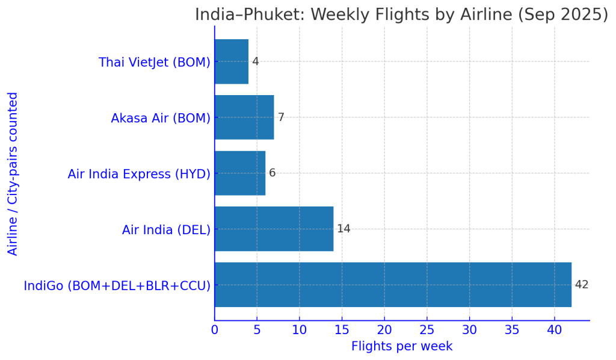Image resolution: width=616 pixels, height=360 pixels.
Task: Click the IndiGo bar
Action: tap(393, 285)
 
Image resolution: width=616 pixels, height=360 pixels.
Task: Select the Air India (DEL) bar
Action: tap(274, 229)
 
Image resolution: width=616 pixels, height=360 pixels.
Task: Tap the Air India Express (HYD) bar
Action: tap(240, 173)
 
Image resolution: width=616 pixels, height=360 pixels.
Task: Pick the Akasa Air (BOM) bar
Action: tap(244, 117)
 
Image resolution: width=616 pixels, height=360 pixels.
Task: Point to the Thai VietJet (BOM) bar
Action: tap(232, 61)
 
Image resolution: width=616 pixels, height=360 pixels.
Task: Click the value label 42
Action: tap(582, 285)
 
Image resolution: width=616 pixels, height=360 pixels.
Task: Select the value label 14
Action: tap(343, 229)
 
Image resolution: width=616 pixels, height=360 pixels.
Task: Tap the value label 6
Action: tap(272, 173)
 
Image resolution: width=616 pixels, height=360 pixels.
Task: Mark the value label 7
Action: tap(280, 117)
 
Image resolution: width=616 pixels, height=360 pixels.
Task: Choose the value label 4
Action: tap(255, 61)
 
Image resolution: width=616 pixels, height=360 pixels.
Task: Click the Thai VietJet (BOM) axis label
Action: tap(155, 62)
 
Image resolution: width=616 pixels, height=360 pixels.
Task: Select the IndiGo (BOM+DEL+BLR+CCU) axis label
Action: tap(117, 285)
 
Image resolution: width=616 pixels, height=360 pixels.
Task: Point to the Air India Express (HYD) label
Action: tap(139, 174)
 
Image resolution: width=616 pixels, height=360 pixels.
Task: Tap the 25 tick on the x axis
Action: tap(427, 330)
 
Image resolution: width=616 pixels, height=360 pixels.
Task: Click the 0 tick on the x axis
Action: tap(215, 330)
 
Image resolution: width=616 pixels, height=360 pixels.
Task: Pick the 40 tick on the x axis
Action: tap(555, 330)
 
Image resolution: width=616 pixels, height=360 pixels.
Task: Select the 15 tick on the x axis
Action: tap(342, 330)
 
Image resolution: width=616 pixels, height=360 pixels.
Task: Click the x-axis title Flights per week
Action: tap(402, 347)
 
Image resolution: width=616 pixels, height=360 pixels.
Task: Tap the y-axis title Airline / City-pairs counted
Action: tap(13, 173)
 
